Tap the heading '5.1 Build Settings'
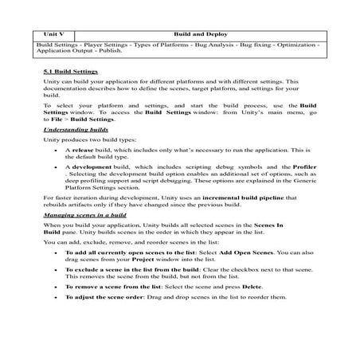69,72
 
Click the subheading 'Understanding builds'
75,127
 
